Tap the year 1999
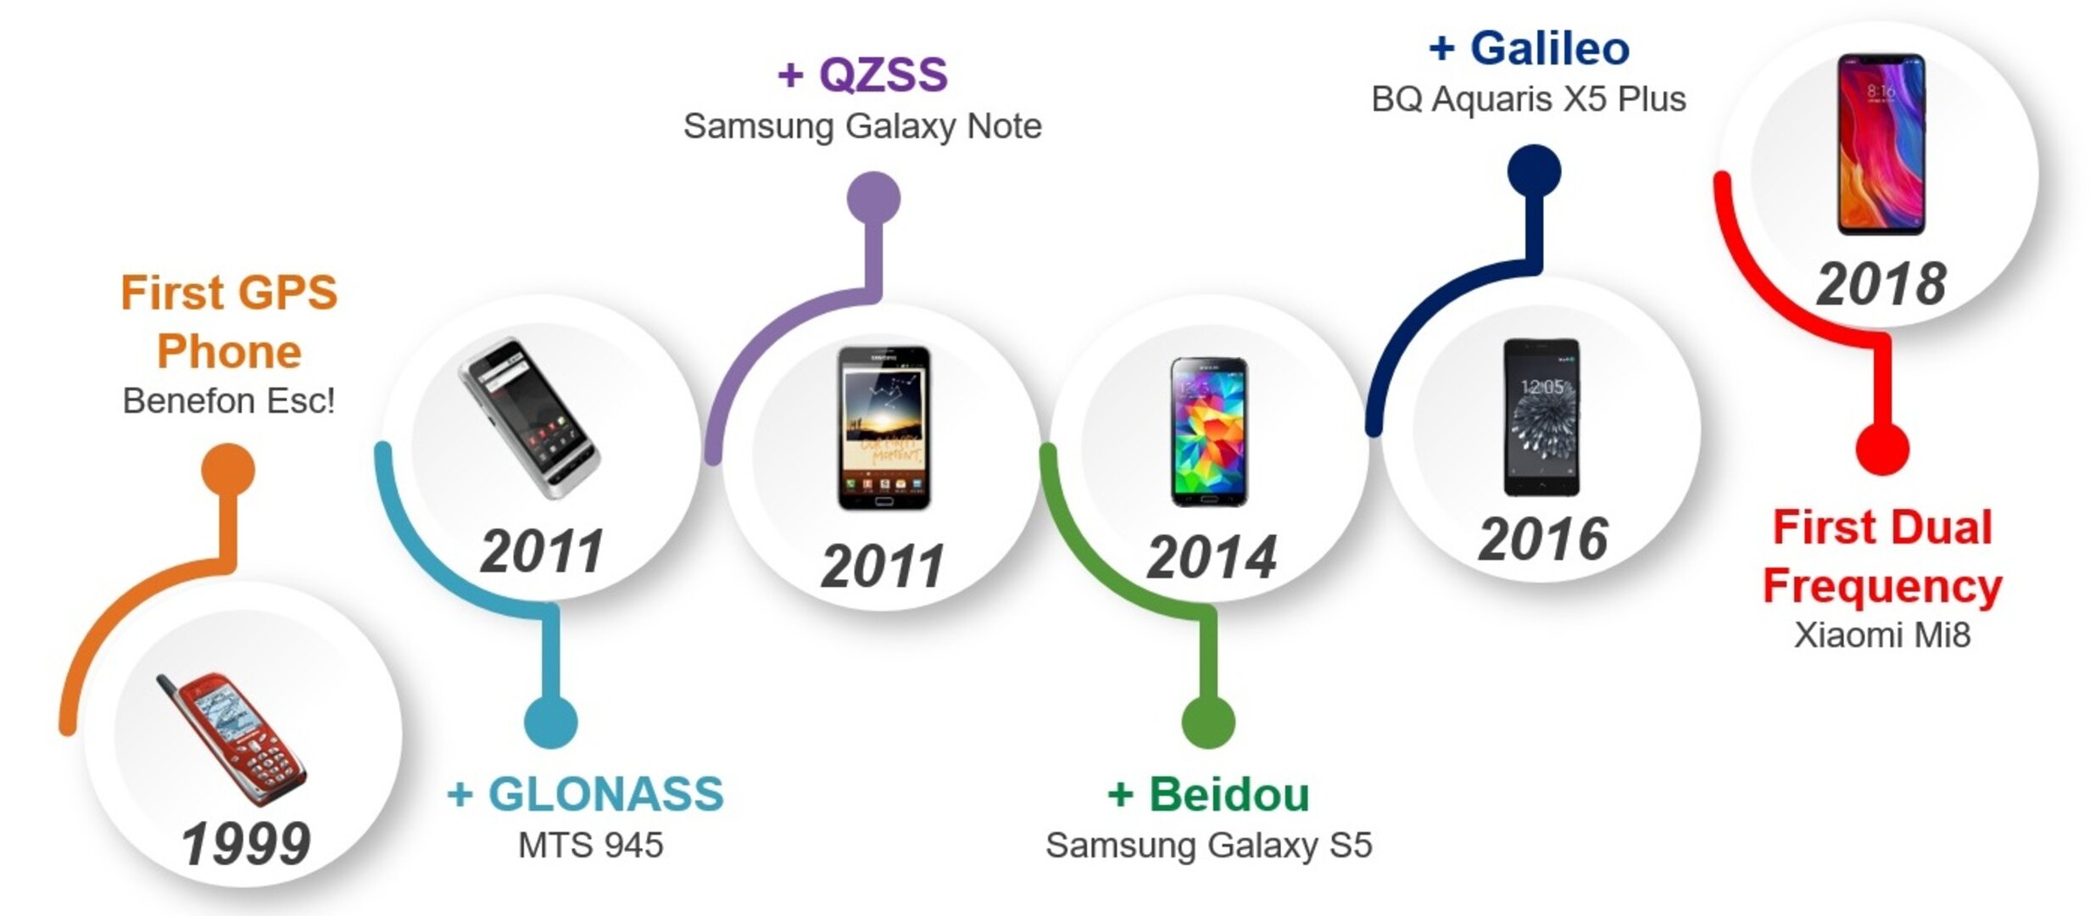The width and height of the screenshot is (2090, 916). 246,844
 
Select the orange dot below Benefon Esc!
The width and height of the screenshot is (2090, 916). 228,470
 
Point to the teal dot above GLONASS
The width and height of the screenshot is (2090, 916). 550,722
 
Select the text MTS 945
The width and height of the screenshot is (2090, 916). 590,846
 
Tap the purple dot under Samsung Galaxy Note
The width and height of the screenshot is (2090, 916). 873,198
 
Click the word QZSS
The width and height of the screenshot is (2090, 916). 883,75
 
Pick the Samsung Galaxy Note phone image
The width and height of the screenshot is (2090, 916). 883,428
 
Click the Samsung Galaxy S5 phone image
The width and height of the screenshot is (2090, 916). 1209,432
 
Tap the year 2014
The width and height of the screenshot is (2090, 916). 1212,557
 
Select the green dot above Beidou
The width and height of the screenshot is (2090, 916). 1208,722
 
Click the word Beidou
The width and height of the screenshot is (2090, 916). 1229,795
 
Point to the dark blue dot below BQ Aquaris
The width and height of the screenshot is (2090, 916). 1534,170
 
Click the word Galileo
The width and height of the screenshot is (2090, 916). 1549,48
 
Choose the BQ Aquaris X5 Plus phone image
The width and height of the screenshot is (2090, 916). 1541,417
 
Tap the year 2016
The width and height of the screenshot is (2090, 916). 1543,539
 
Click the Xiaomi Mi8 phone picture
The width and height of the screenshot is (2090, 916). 1881,144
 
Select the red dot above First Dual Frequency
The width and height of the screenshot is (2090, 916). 1882,449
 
